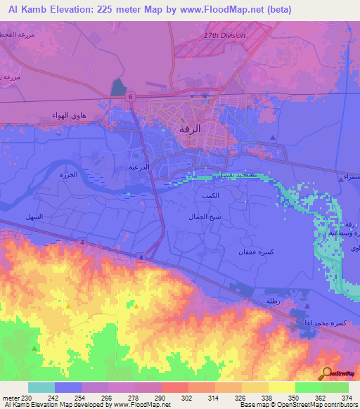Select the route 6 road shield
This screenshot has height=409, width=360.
[x=130, y=97]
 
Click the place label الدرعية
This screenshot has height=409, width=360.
[x=138, y=167]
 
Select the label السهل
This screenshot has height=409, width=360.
[x=34, y=216]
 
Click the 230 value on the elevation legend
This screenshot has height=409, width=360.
[x=30, y=398]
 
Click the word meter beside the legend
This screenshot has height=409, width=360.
[x=11, y=398]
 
